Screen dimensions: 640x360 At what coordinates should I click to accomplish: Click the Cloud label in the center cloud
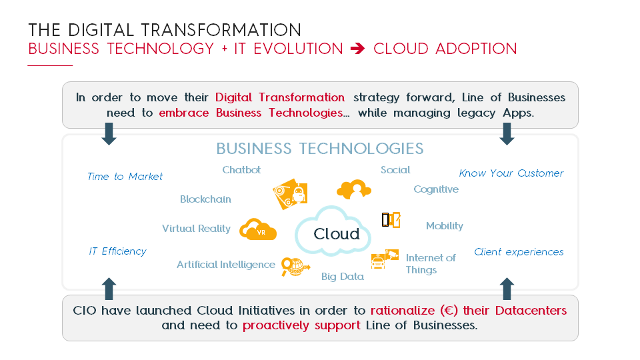336,234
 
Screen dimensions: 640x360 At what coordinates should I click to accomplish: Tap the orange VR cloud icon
257,229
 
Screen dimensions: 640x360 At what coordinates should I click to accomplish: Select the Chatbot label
241,170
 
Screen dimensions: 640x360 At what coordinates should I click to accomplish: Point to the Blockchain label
205,199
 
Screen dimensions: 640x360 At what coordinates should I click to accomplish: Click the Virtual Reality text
196,229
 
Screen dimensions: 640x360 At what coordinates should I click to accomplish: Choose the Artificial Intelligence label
226,265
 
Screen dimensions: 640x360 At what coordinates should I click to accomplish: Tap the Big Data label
343,277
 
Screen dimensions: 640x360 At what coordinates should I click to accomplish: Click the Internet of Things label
431,264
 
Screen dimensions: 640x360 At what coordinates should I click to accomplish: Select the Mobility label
445,226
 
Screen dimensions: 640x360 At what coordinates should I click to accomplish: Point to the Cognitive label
436,189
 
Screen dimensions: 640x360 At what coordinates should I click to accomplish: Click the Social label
395,170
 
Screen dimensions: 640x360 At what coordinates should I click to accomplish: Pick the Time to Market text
125,176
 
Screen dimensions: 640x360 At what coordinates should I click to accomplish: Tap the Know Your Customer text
511,173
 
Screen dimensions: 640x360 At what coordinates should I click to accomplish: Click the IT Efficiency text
117,251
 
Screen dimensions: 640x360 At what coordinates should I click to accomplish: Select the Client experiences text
519,252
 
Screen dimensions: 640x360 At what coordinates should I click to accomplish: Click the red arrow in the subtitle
357,49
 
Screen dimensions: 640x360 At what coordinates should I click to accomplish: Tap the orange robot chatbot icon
290,194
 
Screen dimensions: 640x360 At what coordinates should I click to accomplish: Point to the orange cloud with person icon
354,189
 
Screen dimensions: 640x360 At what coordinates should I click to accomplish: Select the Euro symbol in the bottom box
449,311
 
